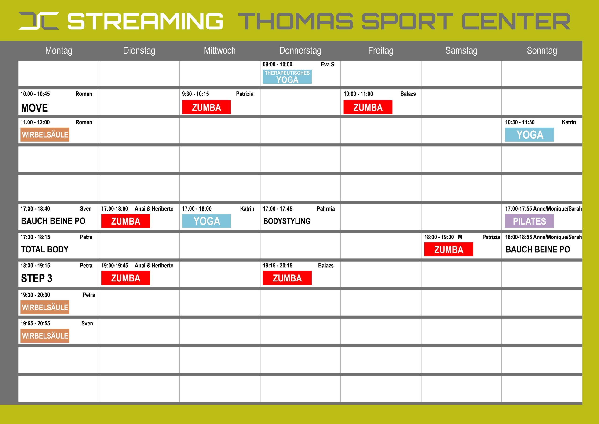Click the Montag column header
point(59,50)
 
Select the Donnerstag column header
point(300,50)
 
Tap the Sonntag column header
point(542,50)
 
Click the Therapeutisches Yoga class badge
point(287,77)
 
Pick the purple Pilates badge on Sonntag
point(529,221)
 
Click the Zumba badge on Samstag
point(449,249)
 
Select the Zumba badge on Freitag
point(368,107)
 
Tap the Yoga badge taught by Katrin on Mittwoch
point(206,221)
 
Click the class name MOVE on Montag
point(34,108)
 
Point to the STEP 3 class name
point(37,278)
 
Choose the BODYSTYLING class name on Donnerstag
point(287,221)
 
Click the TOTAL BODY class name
point(45,249)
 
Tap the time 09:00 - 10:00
point(278,65)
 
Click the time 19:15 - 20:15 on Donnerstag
point(278,266)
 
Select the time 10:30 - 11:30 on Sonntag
point(520,122)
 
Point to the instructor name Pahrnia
point(325,208)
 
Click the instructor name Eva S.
point(328,65)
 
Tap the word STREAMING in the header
point(145,21)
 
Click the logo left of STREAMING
point(39,21)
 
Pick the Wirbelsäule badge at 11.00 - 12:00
point(45,135)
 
